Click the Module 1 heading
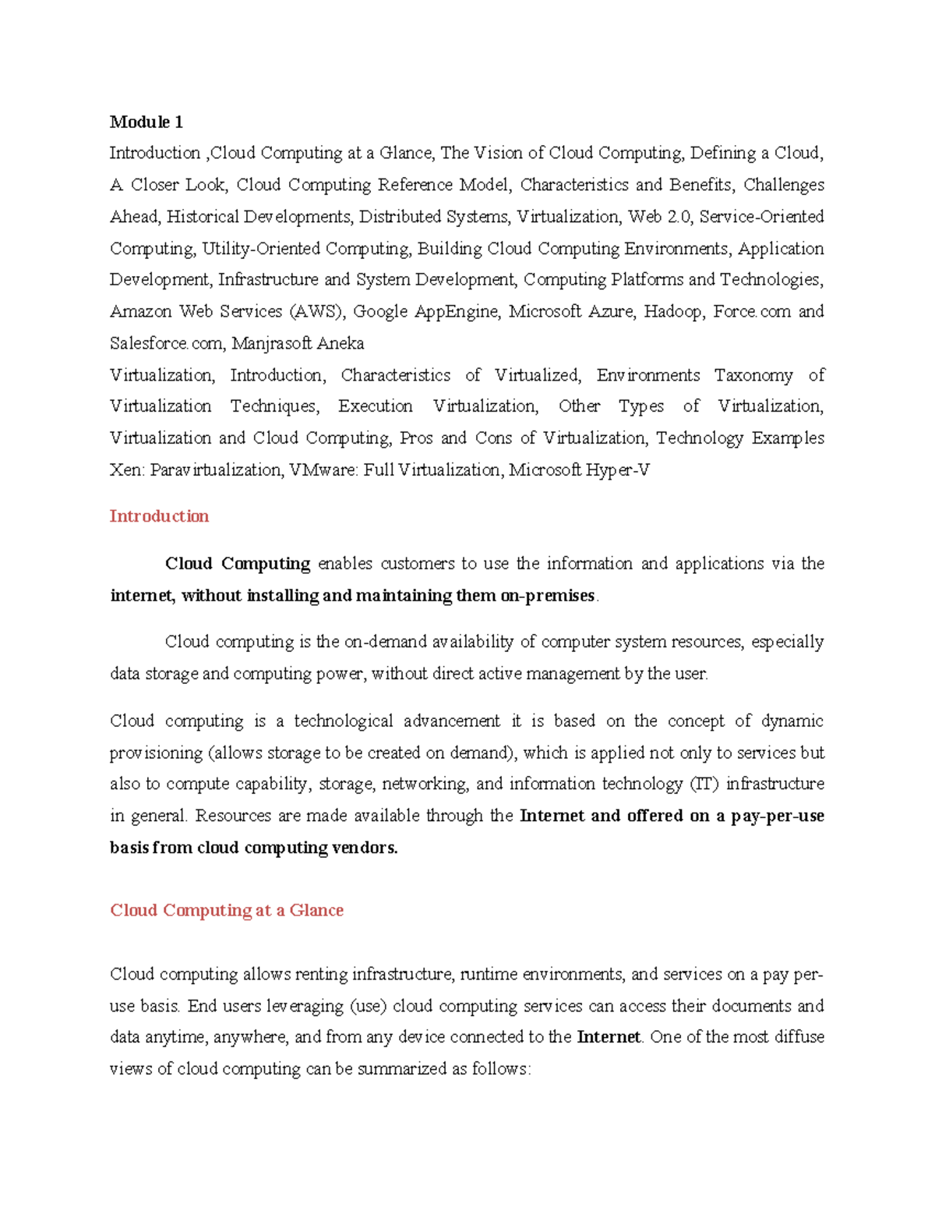146,122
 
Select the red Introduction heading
159,516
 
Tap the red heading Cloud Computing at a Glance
227,910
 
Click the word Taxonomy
753,375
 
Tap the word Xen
125,470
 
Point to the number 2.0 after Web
679,217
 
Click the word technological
343,721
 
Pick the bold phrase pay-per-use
778,816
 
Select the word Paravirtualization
215,470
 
